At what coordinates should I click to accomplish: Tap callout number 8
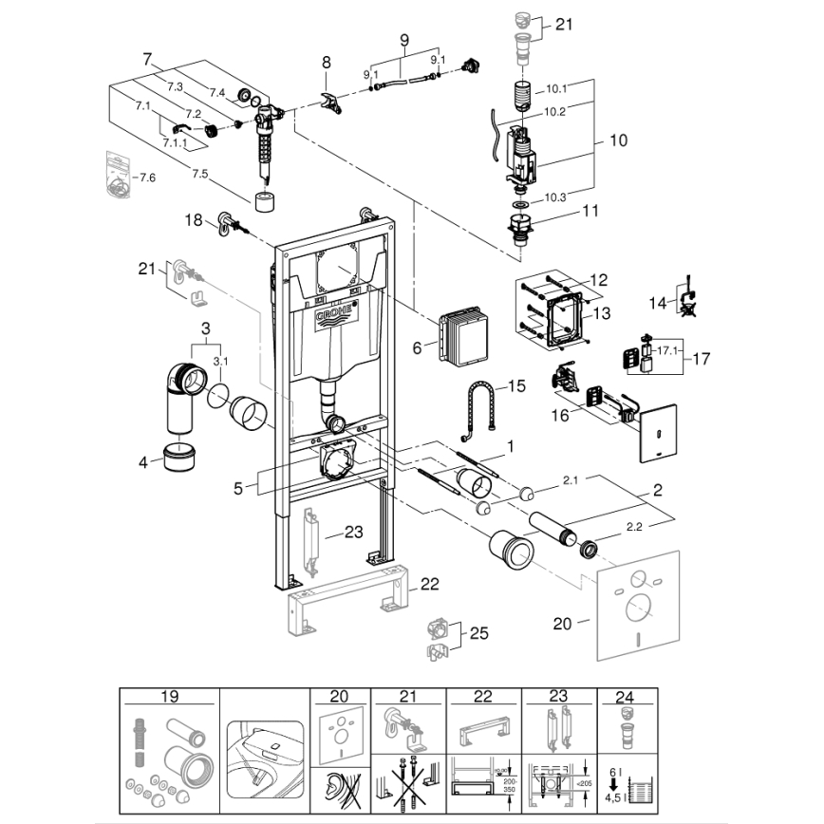pyautogui.click(x=327, y=62)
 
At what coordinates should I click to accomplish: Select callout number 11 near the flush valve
pyautogui.click(x=590, y=211)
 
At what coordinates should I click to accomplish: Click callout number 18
pyautogui.click(x=194, y=219)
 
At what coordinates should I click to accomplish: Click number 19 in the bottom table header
pyautogui.click(x=169, y=697)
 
